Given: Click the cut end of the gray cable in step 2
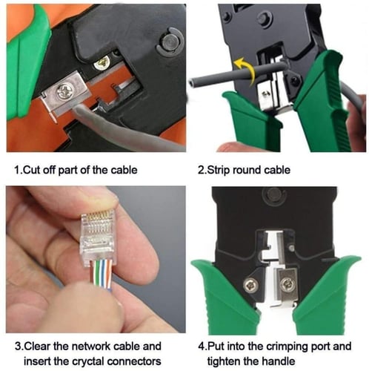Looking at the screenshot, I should pos(194,82).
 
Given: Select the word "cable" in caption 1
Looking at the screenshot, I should pos(122,170).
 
